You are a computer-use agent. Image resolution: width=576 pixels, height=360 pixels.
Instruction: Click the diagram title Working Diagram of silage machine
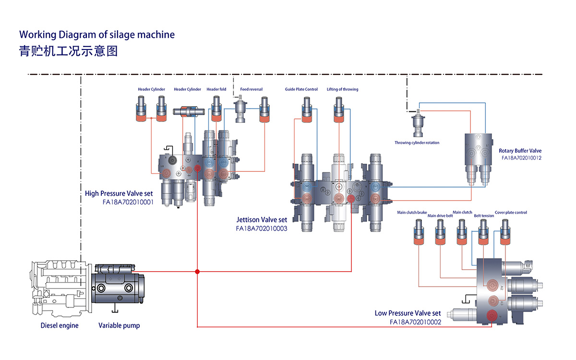tap(97, 35)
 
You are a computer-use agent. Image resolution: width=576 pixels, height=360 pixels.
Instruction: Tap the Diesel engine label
tap(60, 325)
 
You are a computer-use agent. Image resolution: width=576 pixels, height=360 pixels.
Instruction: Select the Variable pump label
tap(119, 325)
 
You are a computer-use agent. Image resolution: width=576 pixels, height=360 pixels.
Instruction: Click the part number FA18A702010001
tap(128, 202)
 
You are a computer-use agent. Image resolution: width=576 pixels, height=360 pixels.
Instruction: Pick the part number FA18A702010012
tap(521, 157)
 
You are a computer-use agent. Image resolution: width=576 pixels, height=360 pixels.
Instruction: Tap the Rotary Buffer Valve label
tap(520, 151)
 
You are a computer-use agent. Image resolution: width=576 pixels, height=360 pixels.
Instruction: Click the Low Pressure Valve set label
tap(408, 313)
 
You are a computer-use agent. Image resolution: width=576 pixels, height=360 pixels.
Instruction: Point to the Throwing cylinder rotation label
tap(417, 143)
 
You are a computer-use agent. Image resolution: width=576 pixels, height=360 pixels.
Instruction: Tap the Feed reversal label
tap(251, 89)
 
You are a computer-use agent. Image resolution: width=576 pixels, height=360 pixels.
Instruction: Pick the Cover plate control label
tap(511, 213)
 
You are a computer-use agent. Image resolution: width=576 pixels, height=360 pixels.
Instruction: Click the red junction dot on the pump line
tap(197, 272)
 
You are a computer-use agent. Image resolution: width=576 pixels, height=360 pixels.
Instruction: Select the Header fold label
tap(216, 89)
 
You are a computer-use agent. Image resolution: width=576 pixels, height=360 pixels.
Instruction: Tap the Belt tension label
tap(484, 216)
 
